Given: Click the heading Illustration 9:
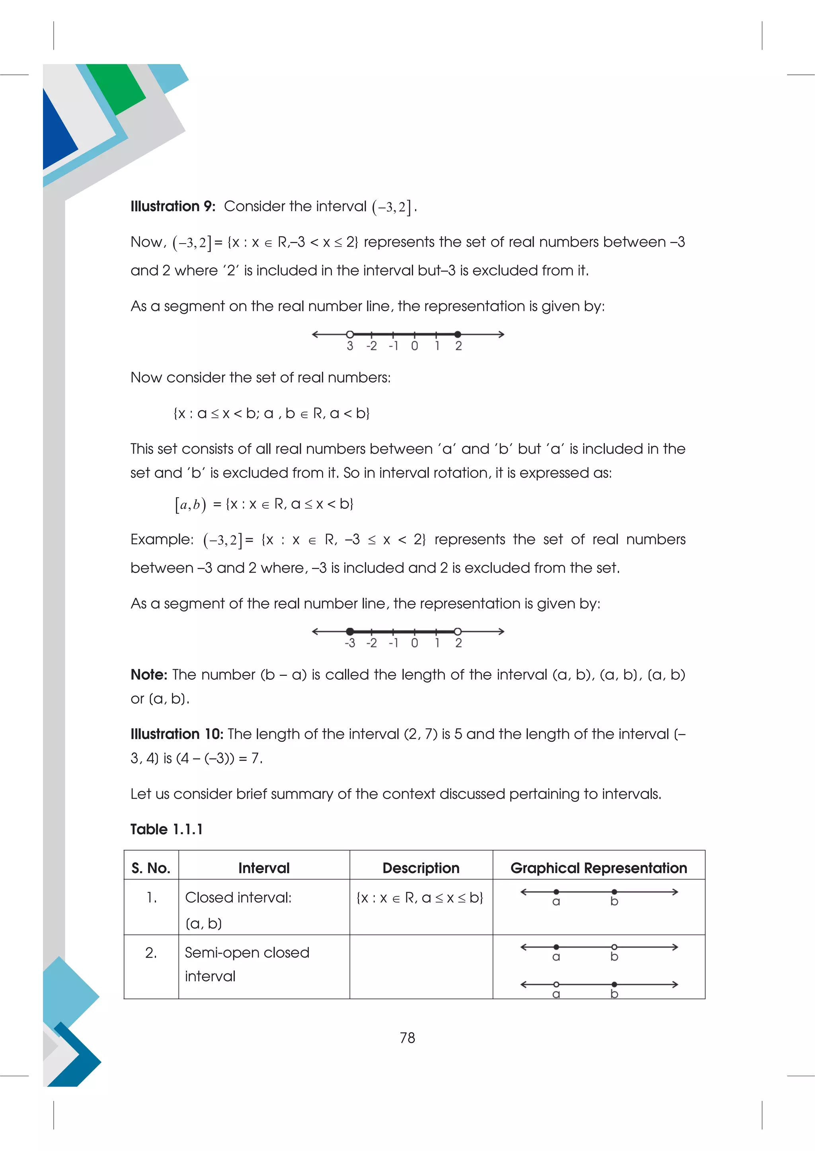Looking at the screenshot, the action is click(173, 206).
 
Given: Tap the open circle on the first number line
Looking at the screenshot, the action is click(350, 334).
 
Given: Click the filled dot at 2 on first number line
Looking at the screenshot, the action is click(458, 334).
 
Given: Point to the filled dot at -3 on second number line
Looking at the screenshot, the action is click(350, 632).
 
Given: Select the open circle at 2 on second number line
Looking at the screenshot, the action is click(458, 632).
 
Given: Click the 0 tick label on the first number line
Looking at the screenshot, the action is click(415, 346).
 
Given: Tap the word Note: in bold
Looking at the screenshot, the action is click(148, 675).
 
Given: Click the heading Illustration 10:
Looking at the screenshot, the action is click(177, 734).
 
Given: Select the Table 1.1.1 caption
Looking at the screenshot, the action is click(167, 829).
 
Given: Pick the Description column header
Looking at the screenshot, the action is click(421, 868).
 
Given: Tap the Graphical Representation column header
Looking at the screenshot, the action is click(598, 868).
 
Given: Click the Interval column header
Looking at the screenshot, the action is click(264, 868).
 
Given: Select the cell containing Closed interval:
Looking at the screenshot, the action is click(238, 897).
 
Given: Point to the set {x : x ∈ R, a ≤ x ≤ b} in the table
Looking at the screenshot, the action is click(419, 897).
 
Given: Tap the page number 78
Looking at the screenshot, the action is click(407, 1038).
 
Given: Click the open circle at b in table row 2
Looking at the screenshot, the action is click(614, 947).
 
